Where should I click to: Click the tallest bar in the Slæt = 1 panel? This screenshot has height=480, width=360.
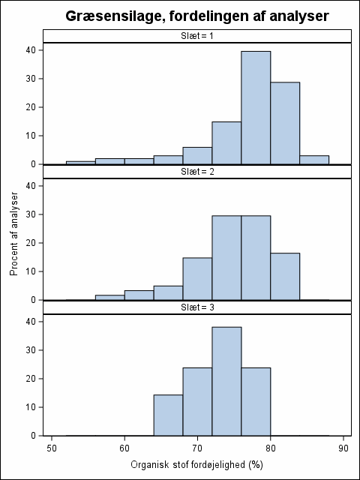[x=256, y=108]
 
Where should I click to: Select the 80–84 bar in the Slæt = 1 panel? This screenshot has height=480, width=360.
[x=285, y=123]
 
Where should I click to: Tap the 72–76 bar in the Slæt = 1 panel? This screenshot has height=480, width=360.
[x=226, y=143]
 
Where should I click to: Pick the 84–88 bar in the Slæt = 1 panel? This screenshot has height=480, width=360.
[x=314, y=160]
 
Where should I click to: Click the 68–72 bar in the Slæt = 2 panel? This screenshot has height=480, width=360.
[x=197, y=279]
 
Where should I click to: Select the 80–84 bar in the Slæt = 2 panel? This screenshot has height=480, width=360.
[x=285, y=277]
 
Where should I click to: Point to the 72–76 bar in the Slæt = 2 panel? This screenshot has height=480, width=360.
[x=226, y=258]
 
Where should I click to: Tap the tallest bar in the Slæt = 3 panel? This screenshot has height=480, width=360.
[x=226, y=381]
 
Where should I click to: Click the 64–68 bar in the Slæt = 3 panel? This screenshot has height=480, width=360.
[x=168, y=415]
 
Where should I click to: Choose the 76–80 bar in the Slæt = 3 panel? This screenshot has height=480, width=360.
[x=256, y=402]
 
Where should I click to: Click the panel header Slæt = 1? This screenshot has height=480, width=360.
[x=196, y=36]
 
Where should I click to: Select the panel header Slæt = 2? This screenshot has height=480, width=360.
[x=196, y=172]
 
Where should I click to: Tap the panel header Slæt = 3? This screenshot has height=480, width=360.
[x=196, y=307]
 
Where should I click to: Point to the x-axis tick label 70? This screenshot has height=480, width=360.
[x=197, y=448]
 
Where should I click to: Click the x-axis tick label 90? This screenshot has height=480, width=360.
[x=343, y=448]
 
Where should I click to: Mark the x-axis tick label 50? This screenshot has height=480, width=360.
[x=52, y=448]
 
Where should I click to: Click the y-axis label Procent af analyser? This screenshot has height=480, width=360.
[x=14, y=234]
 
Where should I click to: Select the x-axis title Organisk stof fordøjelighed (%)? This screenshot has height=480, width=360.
[x=196, y=465]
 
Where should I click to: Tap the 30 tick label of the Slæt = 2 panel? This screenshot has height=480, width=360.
[x=31, y=214]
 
